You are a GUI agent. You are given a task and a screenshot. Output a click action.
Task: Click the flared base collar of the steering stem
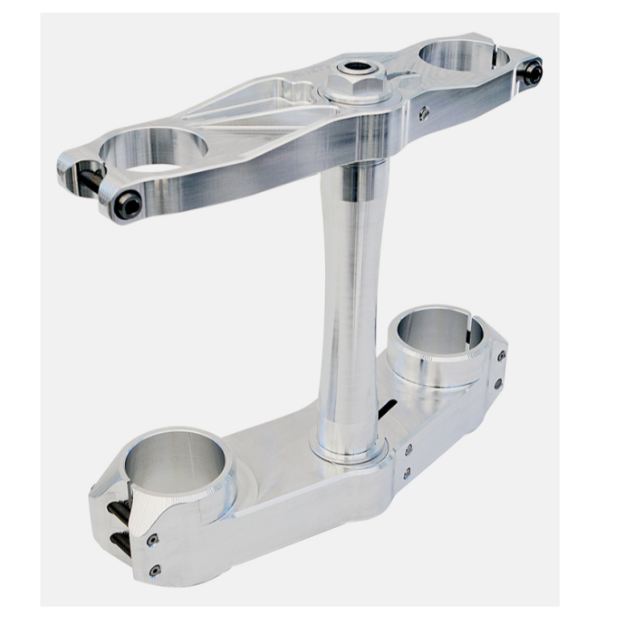(349, 444)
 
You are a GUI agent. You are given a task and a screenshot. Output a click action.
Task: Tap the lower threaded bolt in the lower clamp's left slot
(120, 541)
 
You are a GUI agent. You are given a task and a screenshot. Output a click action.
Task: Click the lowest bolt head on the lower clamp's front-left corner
(155, 571)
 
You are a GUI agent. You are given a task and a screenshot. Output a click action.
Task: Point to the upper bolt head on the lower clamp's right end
(500, 356)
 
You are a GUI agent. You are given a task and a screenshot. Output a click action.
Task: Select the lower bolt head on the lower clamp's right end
(497, 384)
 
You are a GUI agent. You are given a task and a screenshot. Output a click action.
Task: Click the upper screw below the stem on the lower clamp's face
(408, 448)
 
